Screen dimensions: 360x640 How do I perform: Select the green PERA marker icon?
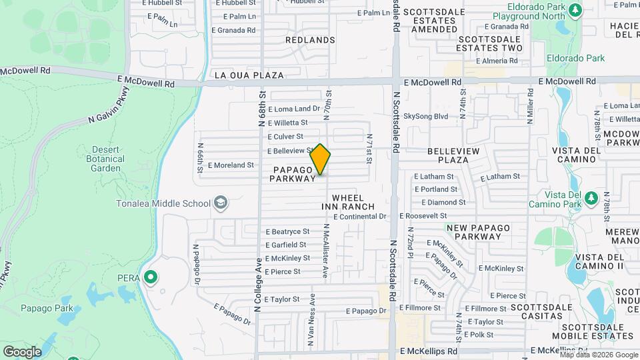151,277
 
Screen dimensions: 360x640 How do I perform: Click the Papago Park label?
47,309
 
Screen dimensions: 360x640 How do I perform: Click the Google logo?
22,351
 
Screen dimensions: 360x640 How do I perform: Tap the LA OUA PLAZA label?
249,75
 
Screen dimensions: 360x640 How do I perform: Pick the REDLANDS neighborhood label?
310,40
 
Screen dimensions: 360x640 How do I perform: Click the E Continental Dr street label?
360,217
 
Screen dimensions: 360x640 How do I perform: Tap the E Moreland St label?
231,165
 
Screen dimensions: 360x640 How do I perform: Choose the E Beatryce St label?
287,232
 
